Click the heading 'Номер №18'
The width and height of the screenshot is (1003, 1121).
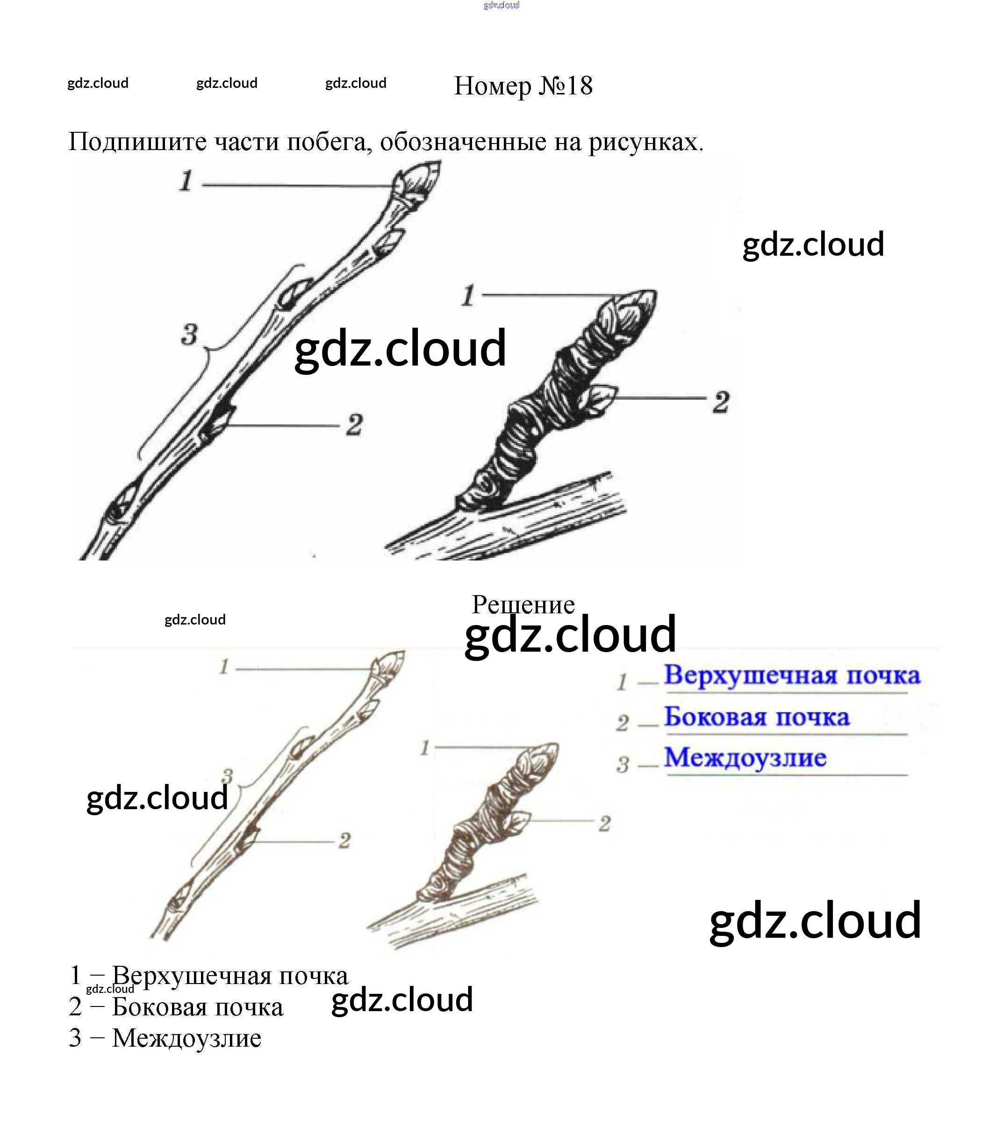[x=523, y=86]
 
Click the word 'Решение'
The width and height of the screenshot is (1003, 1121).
[x=523, y=604]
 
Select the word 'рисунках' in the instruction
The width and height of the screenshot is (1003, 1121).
[x=645, y=142]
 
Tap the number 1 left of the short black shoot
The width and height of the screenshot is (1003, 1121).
[x=468, y=295]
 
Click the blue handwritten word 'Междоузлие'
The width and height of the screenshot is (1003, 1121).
[x=745, y=757]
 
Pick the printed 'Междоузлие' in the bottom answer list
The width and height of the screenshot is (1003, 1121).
[x=186, y=1038]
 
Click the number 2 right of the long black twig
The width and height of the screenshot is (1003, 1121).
[x=354, y=424]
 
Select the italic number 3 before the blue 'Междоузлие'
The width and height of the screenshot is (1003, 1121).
[x=623, y=764]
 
